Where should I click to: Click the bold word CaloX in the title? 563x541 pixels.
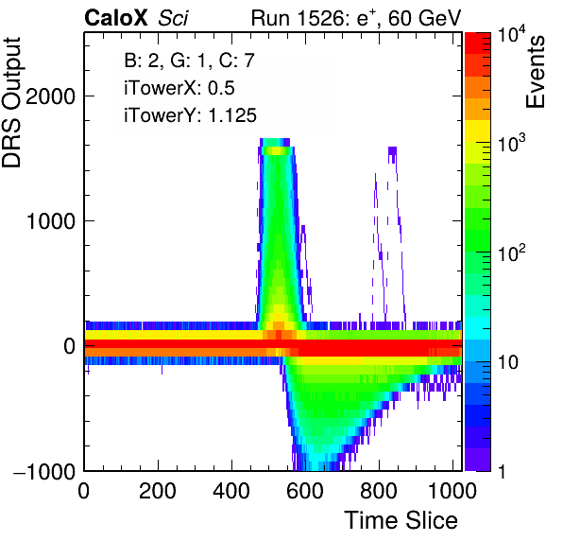pyautogui.click(x=116, y=18)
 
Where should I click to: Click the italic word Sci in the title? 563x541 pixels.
pyautogui.click(x=173, y=18)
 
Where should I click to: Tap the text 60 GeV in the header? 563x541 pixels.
pyautogui.click(x=424, y=18)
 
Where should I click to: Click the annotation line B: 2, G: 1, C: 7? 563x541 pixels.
pyautogui.click(x=189, y=61)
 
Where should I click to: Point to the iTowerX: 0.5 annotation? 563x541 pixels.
pyautogui.click(x=179, y=88)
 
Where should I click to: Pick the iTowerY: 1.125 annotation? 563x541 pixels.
pyautogui.click(x=190, y=115)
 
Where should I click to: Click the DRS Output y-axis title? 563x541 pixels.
pyautogui.click(x=11, y=102)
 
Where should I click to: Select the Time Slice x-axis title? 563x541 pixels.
pyautogui.click(x=401, y=520)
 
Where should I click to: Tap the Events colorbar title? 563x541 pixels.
pyautogui.click(x=535, y=72)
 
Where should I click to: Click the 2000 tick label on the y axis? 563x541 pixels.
pyautogui.click(x=50, y=96)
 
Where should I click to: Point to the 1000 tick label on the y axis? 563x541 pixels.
pyautogui.click(x=50, y=220)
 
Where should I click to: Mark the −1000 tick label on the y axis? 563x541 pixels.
pyautogui.click(x=44, y=471)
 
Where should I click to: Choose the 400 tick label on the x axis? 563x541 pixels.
pyautogui.click(x=231, y=490)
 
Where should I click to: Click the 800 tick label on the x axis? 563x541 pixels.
pyautogui.click(x=379, y=490)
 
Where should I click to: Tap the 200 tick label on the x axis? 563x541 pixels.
pyautogui.click(x=158, y=490)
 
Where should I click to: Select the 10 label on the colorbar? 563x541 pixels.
pyautogui.click(x=508, y=362)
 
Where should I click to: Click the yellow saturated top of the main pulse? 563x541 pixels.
pyautogui.click(x=276, y=151)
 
